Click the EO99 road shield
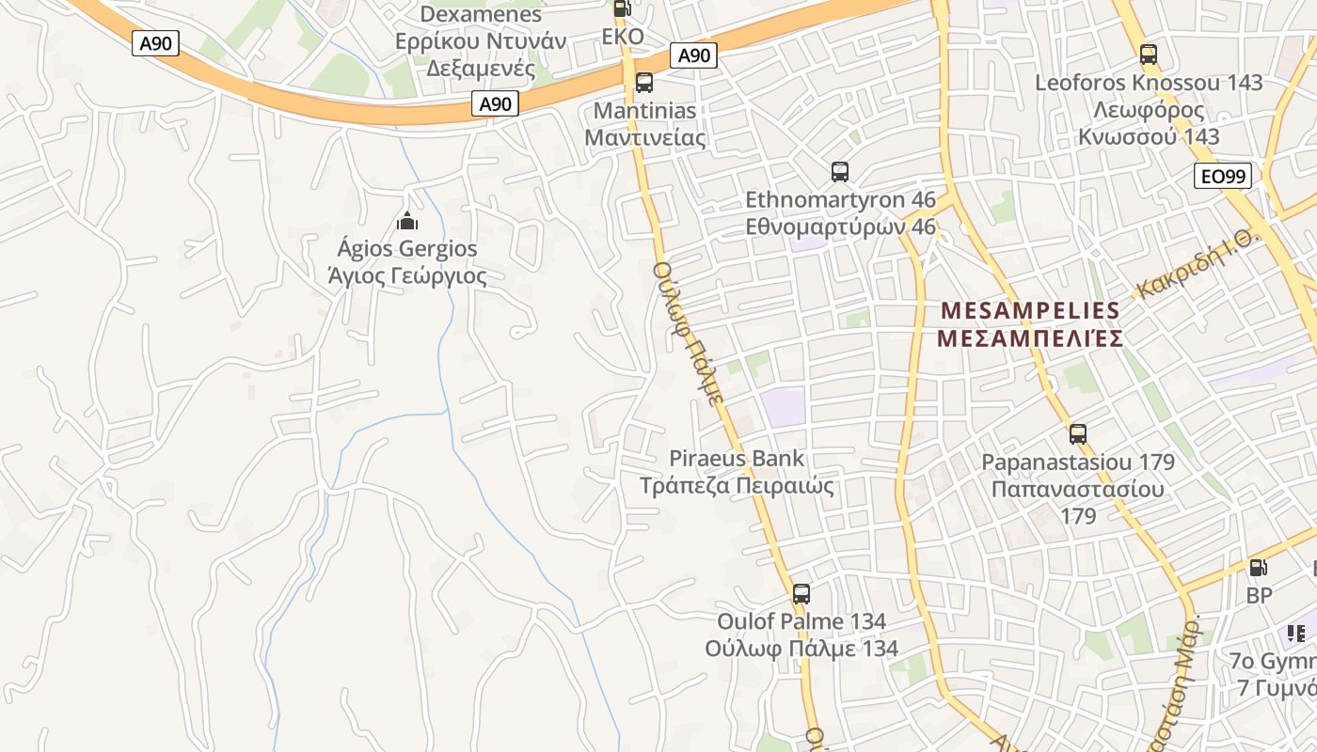[1223, 176]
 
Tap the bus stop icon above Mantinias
[644, 83]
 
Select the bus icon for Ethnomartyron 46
[840, 172]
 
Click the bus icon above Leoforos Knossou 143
[1148, 55]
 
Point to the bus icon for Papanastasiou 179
[1078, 434]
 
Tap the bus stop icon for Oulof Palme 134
[801, 594]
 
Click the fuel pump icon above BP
[1258, 567]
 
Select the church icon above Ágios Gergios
[407, 222]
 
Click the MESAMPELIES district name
[1030, 310]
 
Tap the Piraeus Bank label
[737, 459]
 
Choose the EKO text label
[623, 37]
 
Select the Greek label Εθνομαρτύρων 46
[840, 227]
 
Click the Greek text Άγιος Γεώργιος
[407, 276]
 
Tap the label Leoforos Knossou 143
[1149, 83]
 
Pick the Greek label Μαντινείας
[644, 137]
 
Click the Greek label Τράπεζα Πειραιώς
[737, 486]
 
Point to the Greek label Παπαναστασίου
[1077, 490]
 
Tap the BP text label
[1259, 595]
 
